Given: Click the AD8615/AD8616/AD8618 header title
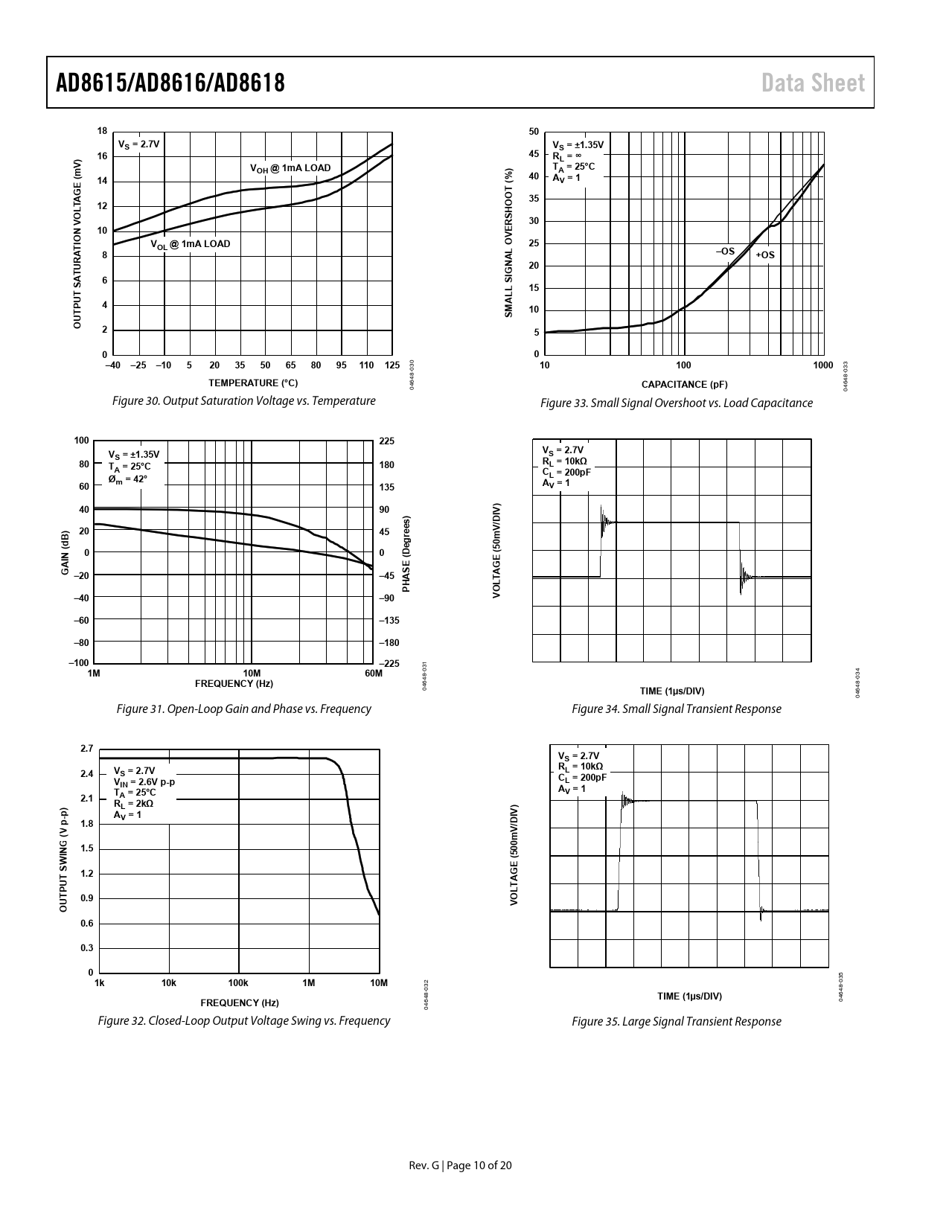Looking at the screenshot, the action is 170,83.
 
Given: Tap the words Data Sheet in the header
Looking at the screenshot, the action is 813,83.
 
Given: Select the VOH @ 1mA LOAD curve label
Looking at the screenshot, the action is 290,168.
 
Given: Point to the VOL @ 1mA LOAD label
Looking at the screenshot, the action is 191,244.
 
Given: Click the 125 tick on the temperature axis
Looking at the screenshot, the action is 392,365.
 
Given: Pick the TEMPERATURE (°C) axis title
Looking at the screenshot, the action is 253,383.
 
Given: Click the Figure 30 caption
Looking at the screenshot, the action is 243,400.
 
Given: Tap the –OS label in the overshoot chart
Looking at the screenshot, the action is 725,251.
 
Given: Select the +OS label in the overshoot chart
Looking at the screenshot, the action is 765,255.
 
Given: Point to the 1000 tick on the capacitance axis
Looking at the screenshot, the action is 823,365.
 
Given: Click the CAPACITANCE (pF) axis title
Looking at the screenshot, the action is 685,384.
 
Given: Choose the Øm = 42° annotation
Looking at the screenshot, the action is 128,479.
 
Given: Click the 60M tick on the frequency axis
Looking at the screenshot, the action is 374,673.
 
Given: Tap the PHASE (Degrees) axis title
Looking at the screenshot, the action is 406,554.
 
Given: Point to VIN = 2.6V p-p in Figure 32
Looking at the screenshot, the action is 144,782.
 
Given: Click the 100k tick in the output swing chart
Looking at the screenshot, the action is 238,982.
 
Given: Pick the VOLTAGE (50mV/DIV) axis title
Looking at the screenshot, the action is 496,550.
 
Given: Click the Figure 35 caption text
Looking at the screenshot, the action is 677,1021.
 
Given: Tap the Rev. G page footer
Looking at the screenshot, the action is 460,1165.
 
